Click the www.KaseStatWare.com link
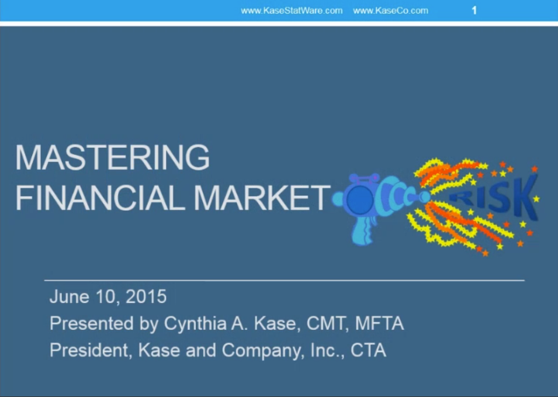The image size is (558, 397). point(292,11)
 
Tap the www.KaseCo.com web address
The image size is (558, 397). point(391,11)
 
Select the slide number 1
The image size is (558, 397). point(474,11)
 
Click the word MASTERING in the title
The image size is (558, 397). point(112,157)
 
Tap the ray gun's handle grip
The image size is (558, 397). point(363,230)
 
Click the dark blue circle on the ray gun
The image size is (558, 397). point(360,199)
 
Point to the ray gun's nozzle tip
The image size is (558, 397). point(425,197)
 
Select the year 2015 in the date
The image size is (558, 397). point(146,296)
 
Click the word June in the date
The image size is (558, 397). point(70,296)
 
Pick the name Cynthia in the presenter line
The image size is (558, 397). point(195,323)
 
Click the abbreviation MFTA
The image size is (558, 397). point(379,323)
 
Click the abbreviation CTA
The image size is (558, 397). point(368,350)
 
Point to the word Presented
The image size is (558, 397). point(92,323)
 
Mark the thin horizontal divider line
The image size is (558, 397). point(285,281)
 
